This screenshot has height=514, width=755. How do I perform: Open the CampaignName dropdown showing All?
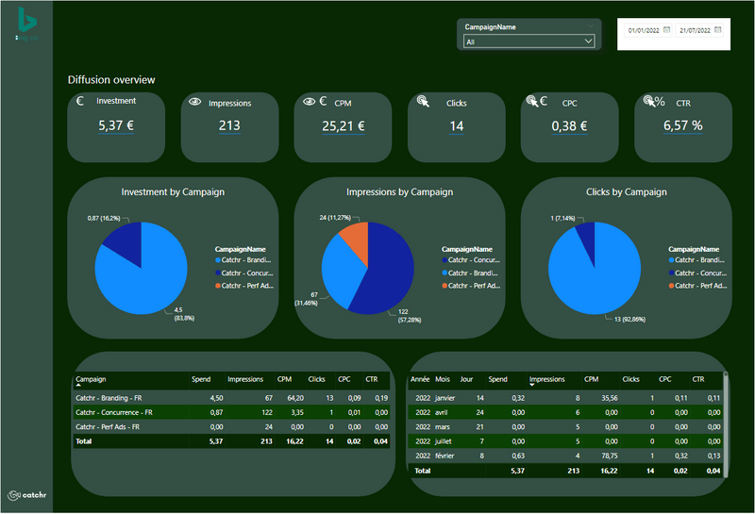point(529,41)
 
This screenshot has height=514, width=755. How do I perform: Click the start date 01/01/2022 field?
point(645,30)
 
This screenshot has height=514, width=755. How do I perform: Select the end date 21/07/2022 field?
point(694,30)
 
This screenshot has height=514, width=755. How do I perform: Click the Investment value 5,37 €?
point(117,125)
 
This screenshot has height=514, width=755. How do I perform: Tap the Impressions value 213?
point(229,125)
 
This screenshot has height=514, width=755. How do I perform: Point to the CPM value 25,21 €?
point(344,125)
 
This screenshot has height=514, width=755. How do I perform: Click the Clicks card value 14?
point(457,125)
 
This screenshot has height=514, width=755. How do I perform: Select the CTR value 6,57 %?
point(682,125)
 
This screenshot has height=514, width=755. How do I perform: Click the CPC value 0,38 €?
point(570,125)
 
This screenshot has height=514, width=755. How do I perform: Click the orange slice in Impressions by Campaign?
point(353,240)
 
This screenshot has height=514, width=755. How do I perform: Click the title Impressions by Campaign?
point(400,192)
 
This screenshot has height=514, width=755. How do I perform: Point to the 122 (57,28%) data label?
point(402,315)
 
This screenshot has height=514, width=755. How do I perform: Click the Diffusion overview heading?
point(111,80)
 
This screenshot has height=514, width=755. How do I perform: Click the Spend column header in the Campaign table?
point(201,379)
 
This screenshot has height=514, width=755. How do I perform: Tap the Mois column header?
point(443,379)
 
